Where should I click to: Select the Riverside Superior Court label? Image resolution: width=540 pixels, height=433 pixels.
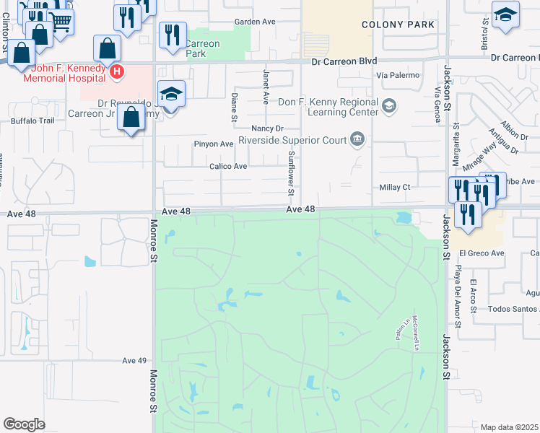point(292,139)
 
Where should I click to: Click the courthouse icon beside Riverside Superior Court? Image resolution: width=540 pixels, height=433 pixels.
point(356,139)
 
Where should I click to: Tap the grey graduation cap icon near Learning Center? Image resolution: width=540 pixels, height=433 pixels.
point(389,107)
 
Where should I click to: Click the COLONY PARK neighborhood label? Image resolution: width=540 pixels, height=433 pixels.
point(399,25)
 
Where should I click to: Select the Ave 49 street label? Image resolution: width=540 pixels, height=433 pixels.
point(134,360)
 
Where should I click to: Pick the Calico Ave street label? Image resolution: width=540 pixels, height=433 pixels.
point(228,166)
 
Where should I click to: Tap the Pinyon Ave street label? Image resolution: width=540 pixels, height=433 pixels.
point(213,144)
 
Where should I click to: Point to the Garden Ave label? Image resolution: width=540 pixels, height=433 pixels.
point(256,22)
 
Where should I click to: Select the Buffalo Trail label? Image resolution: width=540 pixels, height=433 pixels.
point(32,121)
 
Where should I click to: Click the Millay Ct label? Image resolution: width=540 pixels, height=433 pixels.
point(394,187)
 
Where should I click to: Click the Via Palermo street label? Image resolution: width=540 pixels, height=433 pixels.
point(394,74)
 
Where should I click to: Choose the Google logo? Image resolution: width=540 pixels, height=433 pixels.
point(24,424)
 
